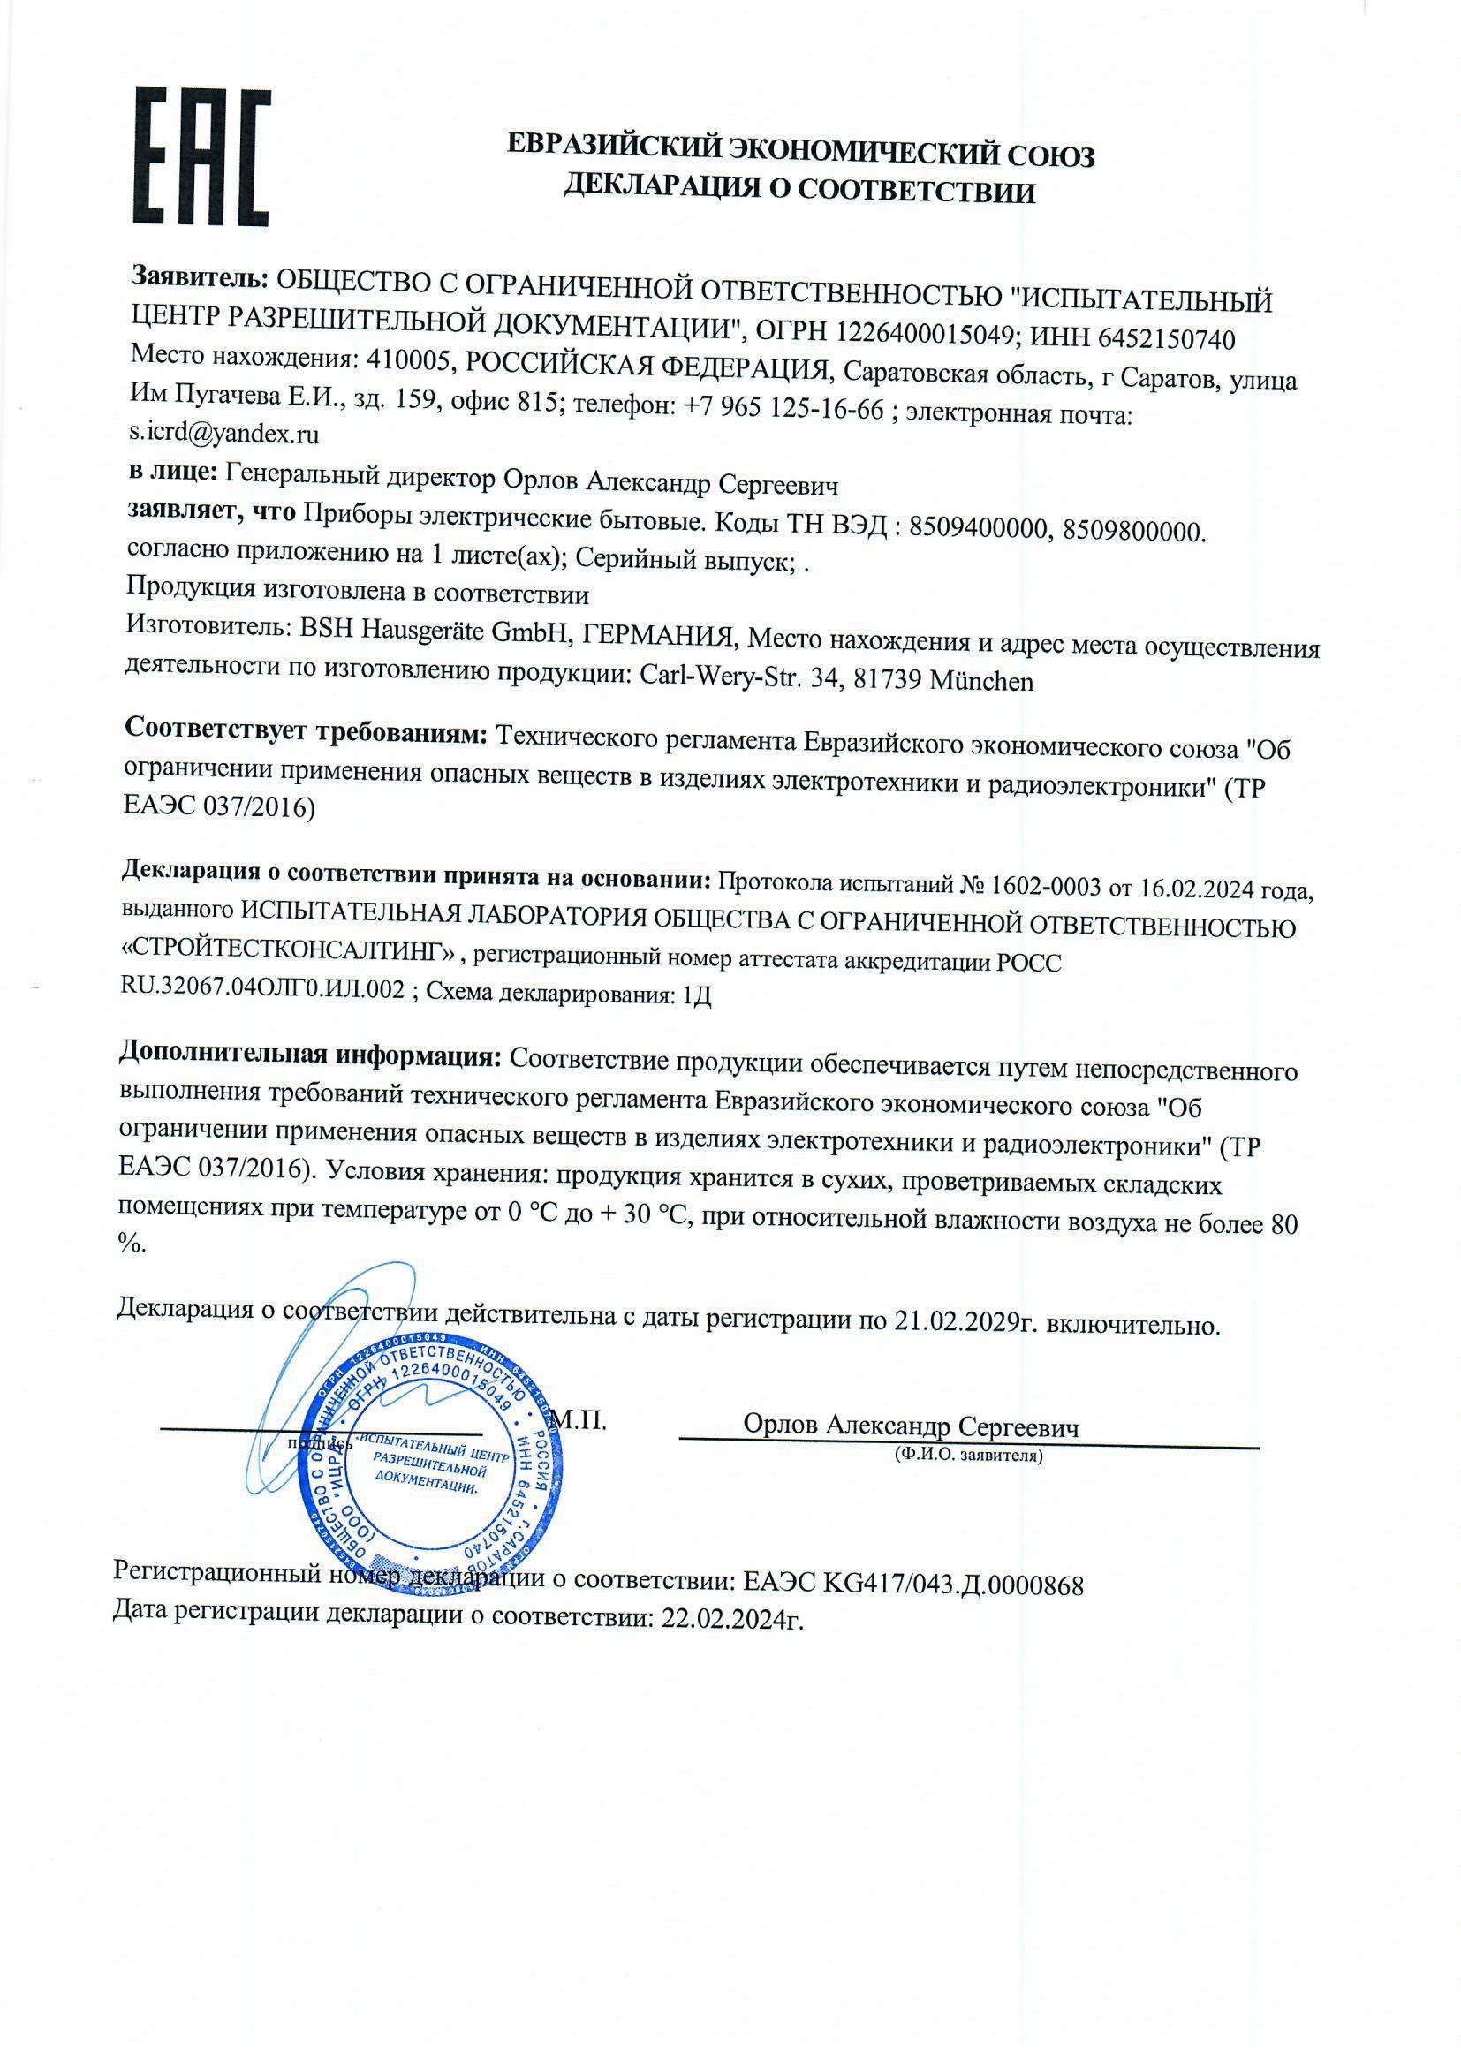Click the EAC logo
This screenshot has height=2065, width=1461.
(x=201, y=156)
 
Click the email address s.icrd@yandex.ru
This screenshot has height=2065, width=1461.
(x=224, y=435)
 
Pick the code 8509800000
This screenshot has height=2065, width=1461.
(x=1132, y=532)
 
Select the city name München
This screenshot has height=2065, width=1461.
(x=981, y=681)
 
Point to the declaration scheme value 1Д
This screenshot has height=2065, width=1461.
(x=697, y=995)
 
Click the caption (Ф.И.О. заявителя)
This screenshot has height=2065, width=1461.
(x=968, y=1455)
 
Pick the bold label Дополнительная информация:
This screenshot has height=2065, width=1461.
(x=309, y=1053)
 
